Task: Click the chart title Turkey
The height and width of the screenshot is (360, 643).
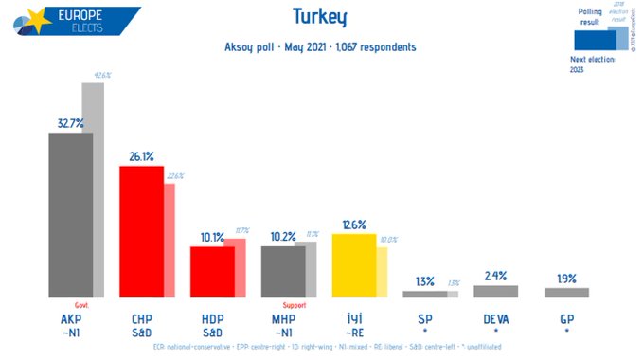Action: click(320, 16)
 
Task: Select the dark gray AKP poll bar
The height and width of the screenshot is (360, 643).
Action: click(70, 215)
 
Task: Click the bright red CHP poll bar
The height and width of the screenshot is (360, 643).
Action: click(141, 232)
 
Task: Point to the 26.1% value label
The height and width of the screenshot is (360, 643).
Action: click(141, 156)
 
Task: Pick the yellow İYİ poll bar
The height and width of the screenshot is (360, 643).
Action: click(353, 265)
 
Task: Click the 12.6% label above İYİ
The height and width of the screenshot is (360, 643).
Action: click(353, 225)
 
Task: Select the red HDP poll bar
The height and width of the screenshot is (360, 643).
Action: click(212, 272)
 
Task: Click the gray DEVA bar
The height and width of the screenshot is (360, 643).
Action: click(495, 292)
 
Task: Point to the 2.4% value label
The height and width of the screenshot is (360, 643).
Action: click(495, 276)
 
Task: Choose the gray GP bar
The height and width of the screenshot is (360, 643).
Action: click(566, 293)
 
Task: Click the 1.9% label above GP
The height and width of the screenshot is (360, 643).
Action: click(566, 279)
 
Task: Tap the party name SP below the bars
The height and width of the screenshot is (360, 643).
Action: click(424, 319)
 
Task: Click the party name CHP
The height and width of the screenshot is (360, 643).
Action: click(140, 319)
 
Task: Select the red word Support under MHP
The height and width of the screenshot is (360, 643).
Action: click(295, 305)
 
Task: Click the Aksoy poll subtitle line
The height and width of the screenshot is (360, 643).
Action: click(320, 46)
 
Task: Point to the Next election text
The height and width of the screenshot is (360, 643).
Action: click(593, 59)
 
